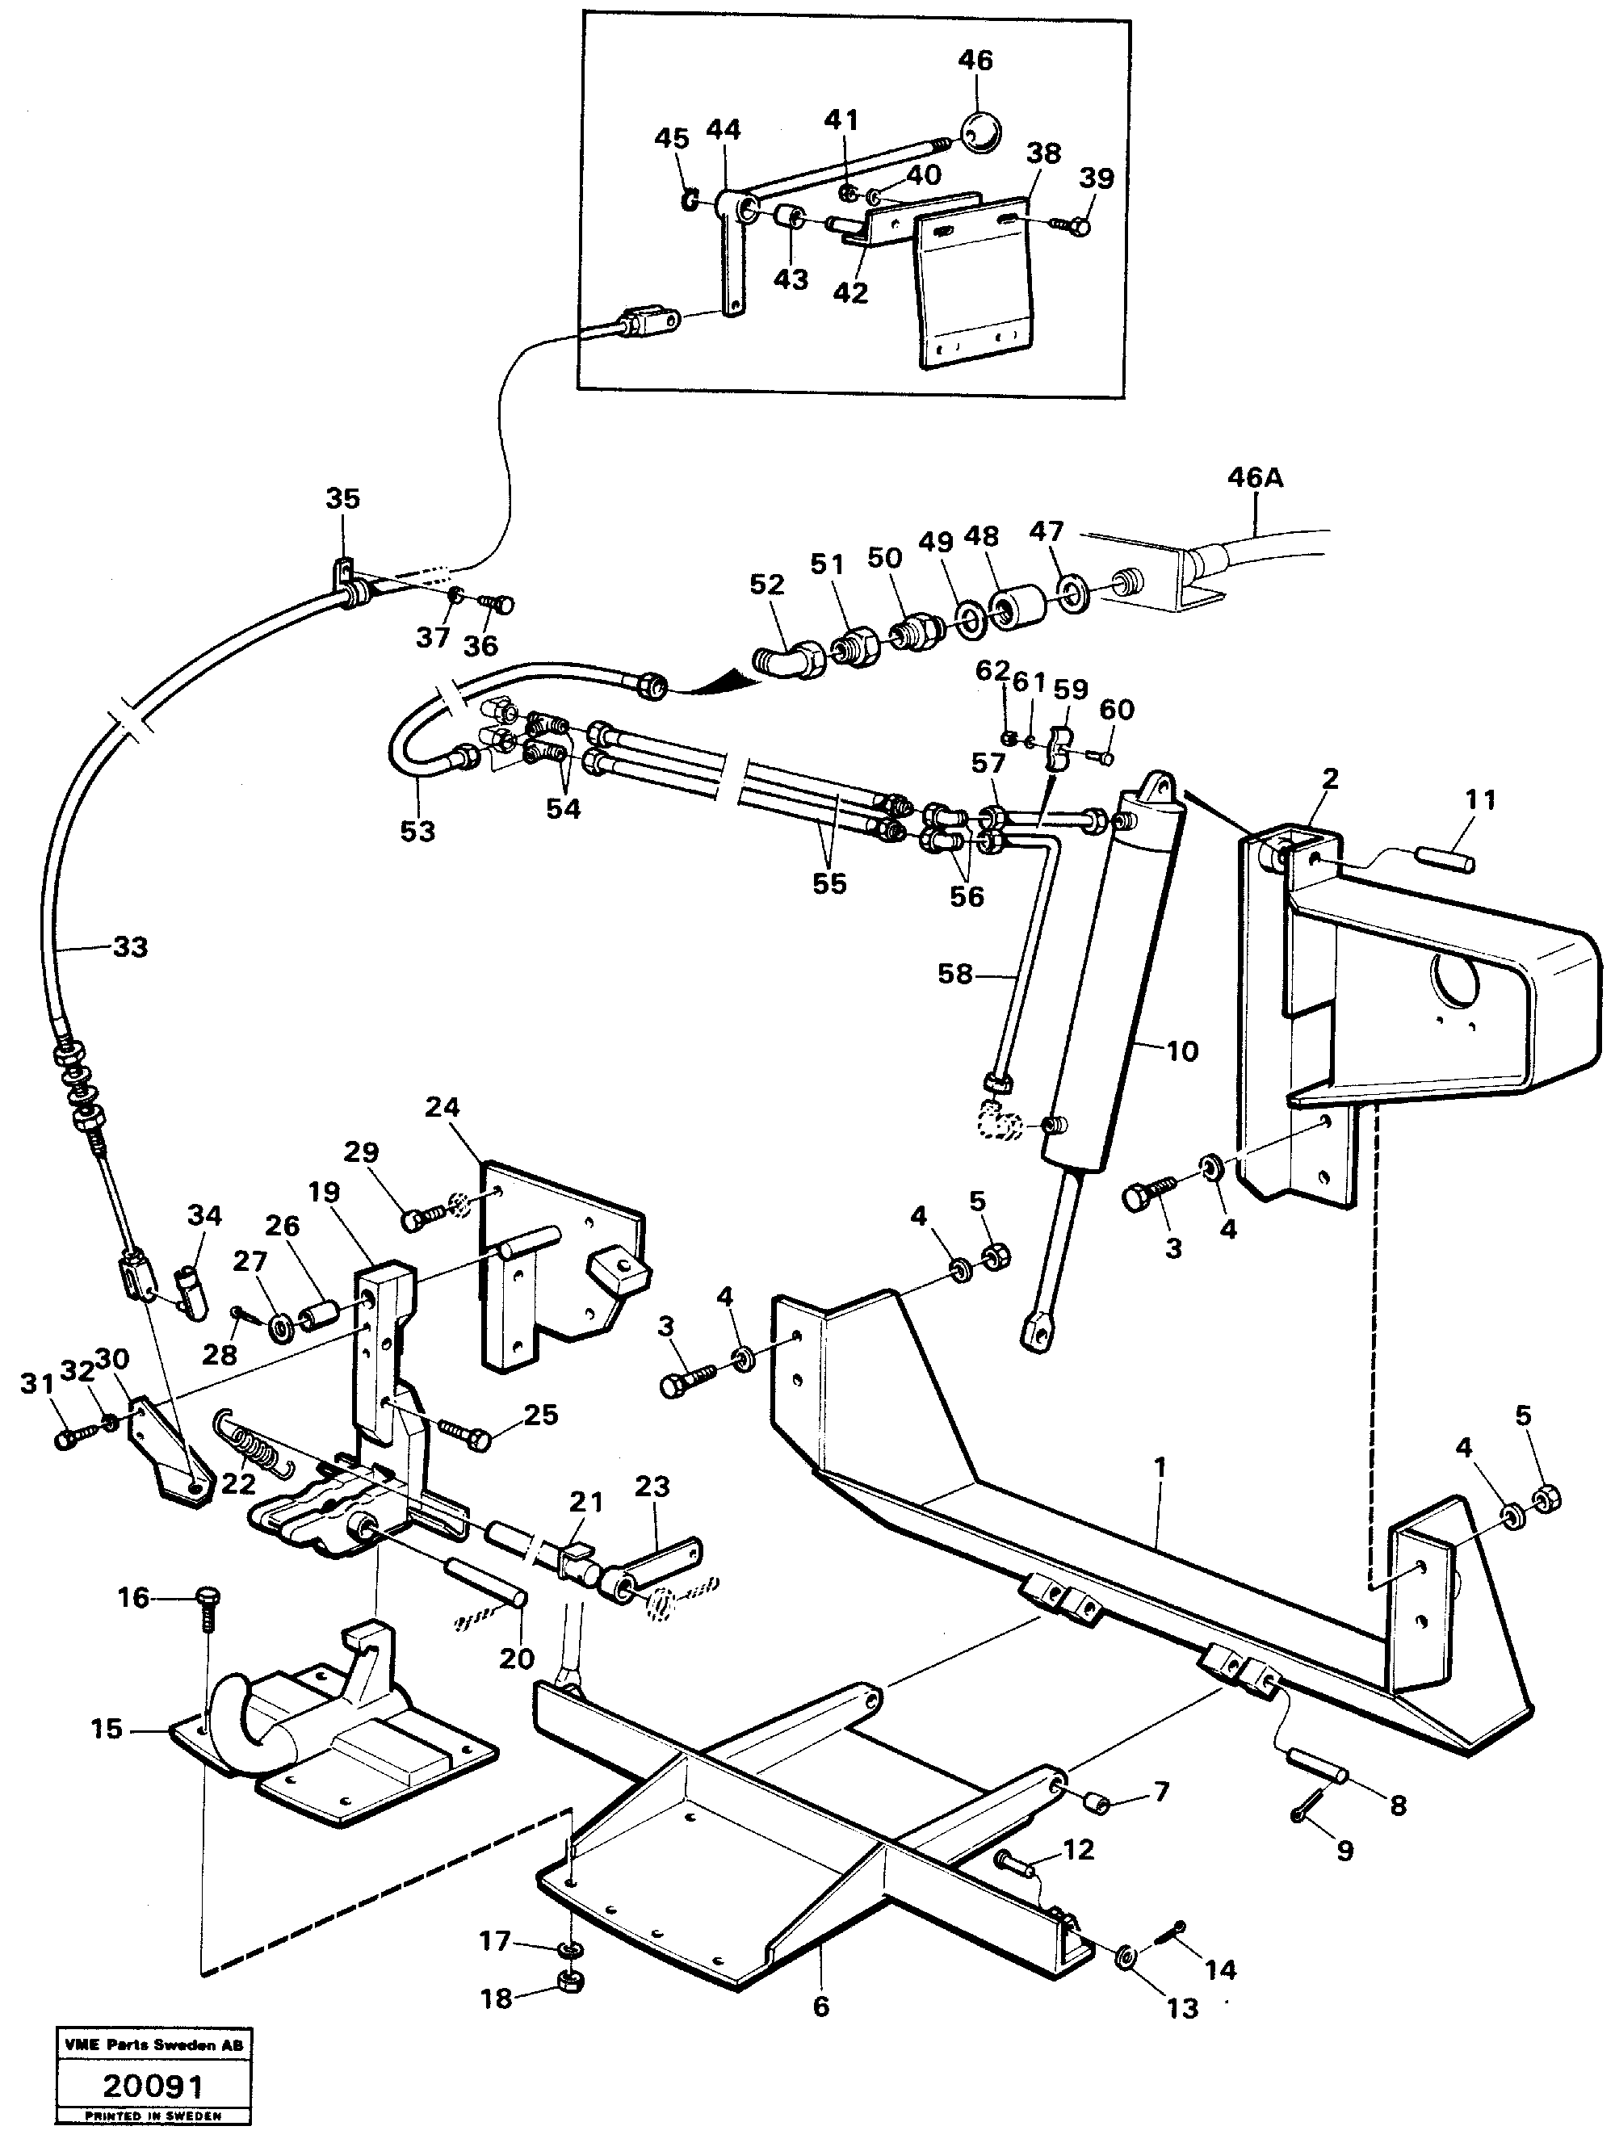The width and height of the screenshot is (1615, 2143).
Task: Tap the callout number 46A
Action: (1255, 479)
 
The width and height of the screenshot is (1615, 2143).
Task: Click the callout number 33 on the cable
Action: (130, 946)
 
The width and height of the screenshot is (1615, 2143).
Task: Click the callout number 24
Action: (442, 1106)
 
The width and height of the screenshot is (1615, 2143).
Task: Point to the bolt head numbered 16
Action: (208, 1595)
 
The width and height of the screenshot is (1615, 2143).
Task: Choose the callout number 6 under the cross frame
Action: (820, 2006)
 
